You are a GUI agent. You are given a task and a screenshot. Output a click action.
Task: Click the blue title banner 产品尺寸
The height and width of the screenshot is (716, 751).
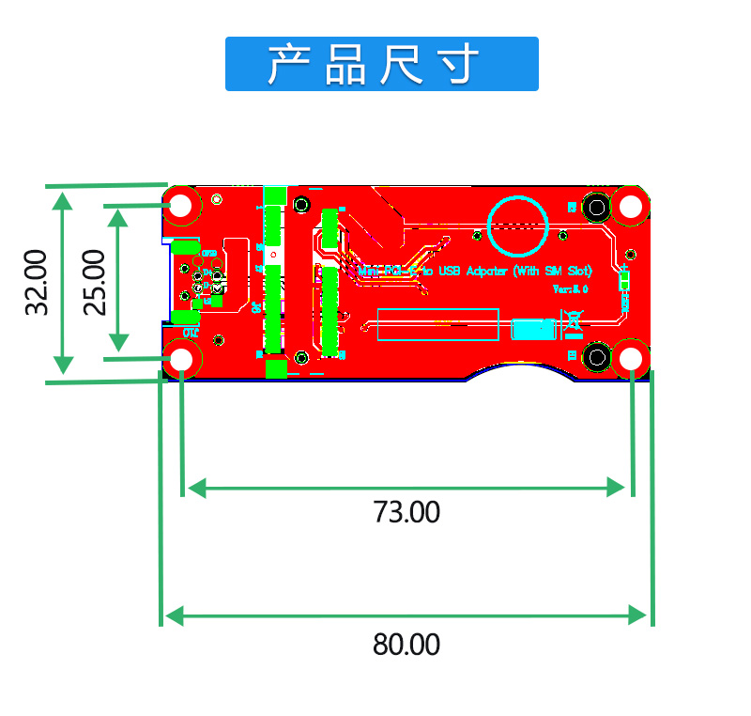click(381, 64)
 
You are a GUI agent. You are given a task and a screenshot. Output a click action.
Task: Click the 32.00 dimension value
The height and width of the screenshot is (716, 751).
click(36, 282)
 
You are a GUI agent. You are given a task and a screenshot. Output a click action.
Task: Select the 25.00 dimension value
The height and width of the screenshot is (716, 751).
click(93, 282)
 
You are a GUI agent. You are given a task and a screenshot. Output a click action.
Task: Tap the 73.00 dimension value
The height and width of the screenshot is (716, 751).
click(406, 513)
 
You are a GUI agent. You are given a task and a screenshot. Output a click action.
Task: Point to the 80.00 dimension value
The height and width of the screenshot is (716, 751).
click(406, 646)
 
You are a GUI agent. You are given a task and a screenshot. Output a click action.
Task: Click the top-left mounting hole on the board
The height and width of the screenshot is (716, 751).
click(182, 205)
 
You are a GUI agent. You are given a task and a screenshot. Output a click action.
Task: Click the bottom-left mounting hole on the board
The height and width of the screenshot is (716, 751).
click(182, 358)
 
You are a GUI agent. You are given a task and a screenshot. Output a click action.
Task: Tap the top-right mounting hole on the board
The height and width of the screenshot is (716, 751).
click(630, 205)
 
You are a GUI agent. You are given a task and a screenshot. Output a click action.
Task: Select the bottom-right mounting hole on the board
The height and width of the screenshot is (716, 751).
click(631, 358)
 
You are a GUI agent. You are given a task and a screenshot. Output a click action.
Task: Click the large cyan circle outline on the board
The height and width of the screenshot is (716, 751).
click(516, 226)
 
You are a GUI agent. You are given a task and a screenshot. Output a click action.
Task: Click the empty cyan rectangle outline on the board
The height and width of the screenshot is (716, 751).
click(437, 324)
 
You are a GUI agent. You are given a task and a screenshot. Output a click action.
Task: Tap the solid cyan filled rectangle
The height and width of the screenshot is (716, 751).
click(534, 329)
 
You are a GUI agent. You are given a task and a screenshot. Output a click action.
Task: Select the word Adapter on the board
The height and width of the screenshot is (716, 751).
click(487, 271)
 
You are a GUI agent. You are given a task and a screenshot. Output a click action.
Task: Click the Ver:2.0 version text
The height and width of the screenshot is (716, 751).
click(570, 289)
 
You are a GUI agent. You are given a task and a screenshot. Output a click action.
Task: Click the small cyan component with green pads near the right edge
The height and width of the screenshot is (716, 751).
click(624, 280)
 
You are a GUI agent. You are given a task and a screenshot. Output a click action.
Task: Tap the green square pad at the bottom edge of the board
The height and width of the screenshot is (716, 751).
click(275, 368)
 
